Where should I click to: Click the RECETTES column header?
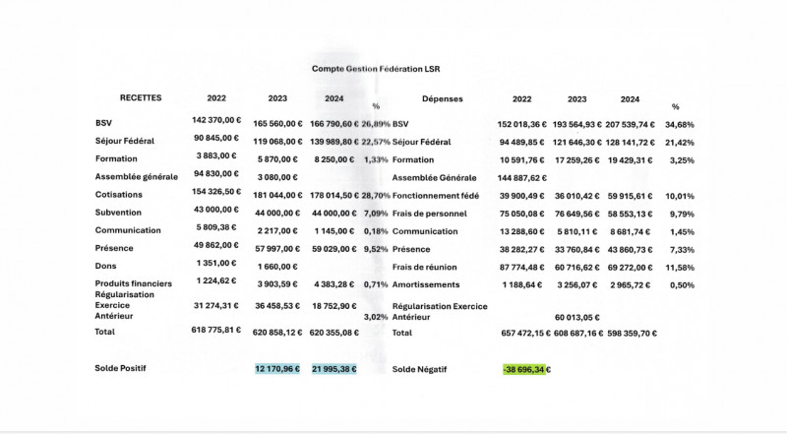pyautogui.click(x=141, y=98)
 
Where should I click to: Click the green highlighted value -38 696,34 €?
pyautogui.click(x=525, y=370)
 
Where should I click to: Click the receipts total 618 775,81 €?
pyautogui.click(x=216, y=330)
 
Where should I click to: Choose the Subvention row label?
pyautogui.click(x=118, y=212)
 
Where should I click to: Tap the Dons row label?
pyautogui.click(x=105, y=266)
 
